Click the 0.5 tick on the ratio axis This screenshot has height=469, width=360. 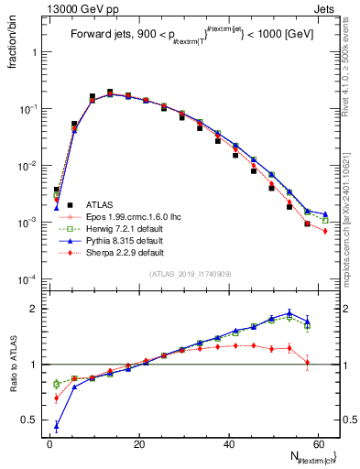35,420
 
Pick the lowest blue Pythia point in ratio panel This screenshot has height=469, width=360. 57,425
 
